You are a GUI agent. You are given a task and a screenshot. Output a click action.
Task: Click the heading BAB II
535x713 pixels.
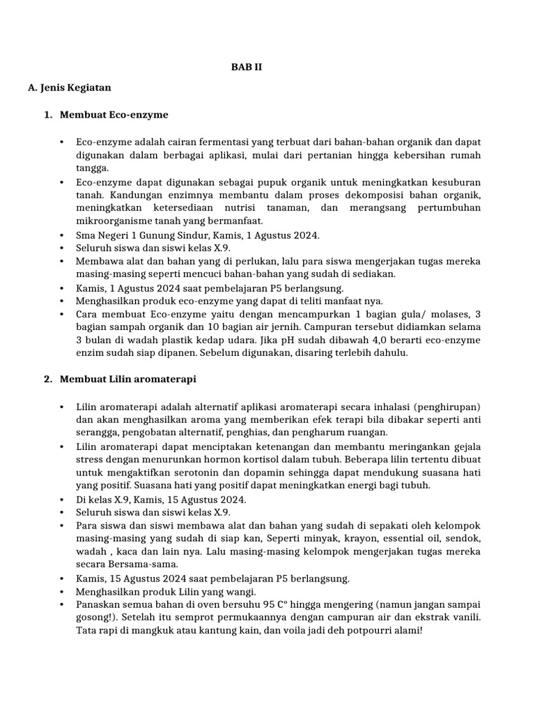(247, 68)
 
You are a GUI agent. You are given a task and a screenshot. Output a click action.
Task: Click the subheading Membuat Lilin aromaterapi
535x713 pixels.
(127, 379)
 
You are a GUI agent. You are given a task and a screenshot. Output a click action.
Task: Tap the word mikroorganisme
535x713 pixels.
(112, 220)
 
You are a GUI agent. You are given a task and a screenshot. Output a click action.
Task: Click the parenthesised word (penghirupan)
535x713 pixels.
(444, 407)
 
